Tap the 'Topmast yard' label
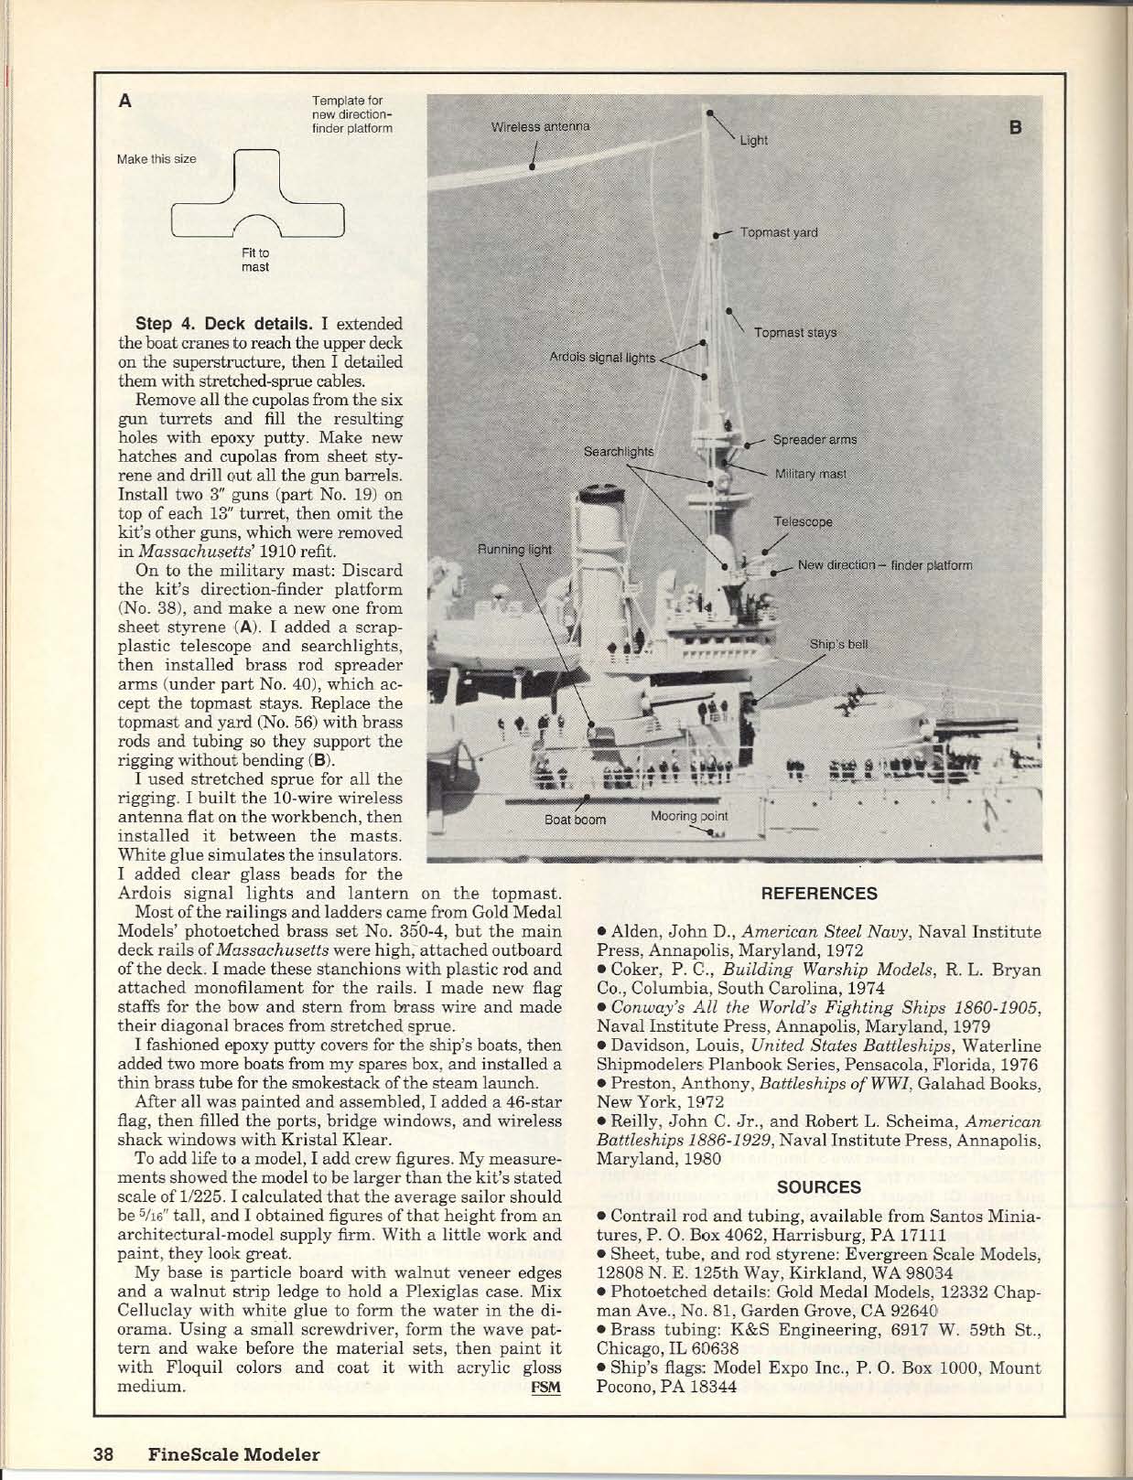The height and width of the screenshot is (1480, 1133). (x=779, y=232)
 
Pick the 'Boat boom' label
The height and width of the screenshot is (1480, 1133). (x=575, y=820)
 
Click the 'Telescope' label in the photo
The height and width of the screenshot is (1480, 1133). (x=803, y=520)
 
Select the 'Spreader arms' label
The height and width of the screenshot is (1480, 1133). (x=815, y=439)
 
